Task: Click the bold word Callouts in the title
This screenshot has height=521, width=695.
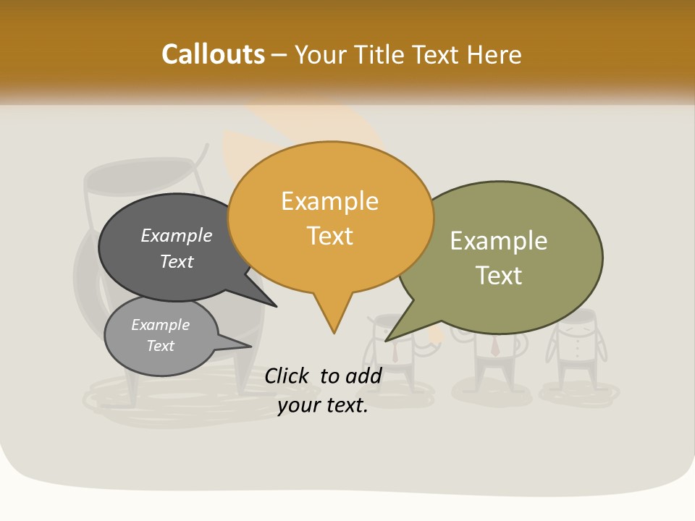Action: [213, 54]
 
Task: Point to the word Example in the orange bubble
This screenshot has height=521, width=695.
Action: [329, 201]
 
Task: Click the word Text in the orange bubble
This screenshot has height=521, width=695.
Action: [329, 236]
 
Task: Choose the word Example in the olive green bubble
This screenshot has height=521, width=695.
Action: [499, 241]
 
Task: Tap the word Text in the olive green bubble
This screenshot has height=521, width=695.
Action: [499, 276]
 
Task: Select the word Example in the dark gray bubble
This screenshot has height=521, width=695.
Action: [177, 235]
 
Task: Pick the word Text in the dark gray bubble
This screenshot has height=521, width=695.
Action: [177, 261]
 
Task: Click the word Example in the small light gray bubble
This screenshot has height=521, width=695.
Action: [161, 325]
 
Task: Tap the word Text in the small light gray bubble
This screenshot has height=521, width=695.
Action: [161, 346]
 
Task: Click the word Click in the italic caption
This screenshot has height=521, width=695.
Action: [288, 376]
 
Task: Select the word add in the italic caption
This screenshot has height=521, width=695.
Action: [363, 376]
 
